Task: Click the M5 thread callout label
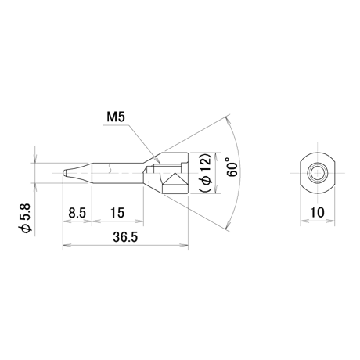pyautogui.click(x=116, y=117)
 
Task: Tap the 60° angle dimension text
pyautogui.click(x=232, y=167)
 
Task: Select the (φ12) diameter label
pyautogui.click(x=206, y=173)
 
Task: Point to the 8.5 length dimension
pyautogui.click(x=77, y=213)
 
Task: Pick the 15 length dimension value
pyautogui.click(x=117, y=213)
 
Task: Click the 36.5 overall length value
pyautogui.click(x=125, y=237)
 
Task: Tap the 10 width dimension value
pyautogui.click(x=318, y=213)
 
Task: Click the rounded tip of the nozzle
pyautogui.click(x=64, y=173)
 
